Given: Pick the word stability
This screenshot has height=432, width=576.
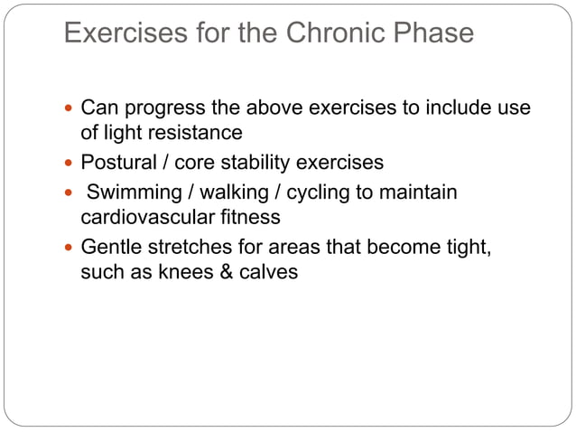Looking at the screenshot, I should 257,163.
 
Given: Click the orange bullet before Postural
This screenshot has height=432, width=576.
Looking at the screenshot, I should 70,164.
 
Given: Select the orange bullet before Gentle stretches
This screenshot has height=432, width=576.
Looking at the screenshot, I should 70,248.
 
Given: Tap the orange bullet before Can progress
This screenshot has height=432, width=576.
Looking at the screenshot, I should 70,109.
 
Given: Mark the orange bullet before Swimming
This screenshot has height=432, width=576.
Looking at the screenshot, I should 70,193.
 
